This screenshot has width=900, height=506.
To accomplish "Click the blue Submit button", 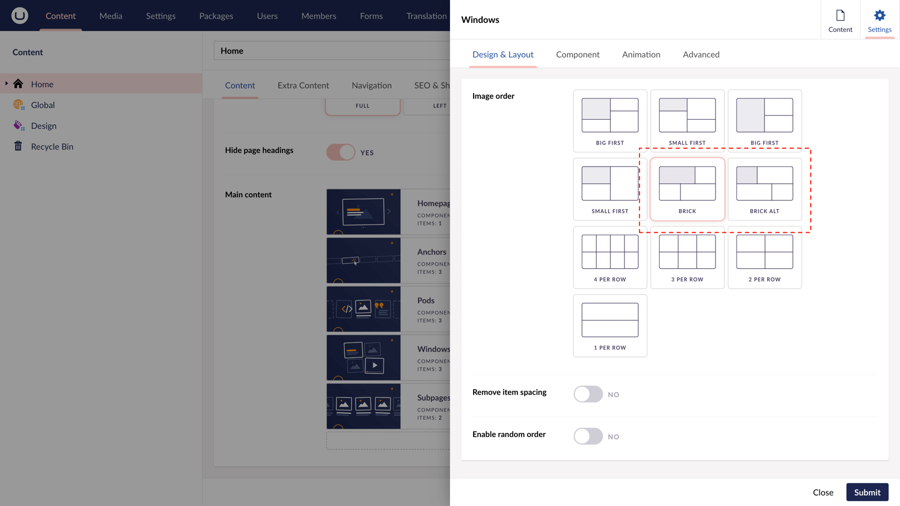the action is (867, 492).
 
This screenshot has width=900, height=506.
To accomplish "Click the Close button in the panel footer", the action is (823, 492).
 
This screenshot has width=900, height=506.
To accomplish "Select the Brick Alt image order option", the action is (764, 189).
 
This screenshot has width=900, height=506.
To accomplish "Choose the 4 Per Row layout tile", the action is (610, 257).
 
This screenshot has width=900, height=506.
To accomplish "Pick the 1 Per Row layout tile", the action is (610, 326).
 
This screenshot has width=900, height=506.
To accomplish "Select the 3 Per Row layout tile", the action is (687, 257).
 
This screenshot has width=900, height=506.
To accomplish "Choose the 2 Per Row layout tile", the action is (764, 257).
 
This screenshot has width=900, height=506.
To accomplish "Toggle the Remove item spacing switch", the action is (588, 394).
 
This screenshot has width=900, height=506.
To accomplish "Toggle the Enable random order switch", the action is (588, 436).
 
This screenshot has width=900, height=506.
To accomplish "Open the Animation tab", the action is (641, 54).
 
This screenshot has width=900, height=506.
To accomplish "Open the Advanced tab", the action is (701, 54).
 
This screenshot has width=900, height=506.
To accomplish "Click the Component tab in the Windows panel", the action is (577, 54).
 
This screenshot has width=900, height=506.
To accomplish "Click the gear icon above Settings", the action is (880, 16).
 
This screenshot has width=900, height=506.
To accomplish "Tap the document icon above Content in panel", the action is (840, 16).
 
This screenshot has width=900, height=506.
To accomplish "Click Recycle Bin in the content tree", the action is (52, 146).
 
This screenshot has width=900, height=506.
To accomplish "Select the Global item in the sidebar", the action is (43, 105).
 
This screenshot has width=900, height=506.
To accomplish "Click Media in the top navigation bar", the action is (110, 16).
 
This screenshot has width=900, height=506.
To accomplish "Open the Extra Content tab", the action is (303, 85).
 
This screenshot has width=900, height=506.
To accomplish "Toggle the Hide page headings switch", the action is (340, 152).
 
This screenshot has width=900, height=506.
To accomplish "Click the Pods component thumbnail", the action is (363, 309).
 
